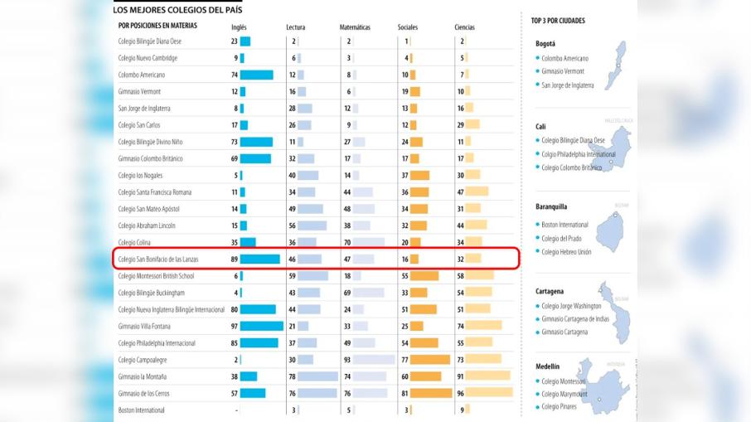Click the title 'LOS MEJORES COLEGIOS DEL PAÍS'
178,10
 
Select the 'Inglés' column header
239,27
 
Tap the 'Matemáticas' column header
355,27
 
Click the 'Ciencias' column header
464,27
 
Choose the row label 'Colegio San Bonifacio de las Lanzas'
158,260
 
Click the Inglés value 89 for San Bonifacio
234,260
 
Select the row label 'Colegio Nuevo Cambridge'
148,58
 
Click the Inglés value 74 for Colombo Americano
234,75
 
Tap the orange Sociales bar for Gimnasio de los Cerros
430,393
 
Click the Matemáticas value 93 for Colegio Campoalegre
346,360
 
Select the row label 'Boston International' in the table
141,410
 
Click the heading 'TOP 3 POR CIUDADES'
558,21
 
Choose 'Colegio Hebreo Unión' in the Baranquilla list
566,251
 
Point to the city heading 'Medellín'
548,366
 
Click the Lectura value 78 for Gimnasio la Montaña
293,376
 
